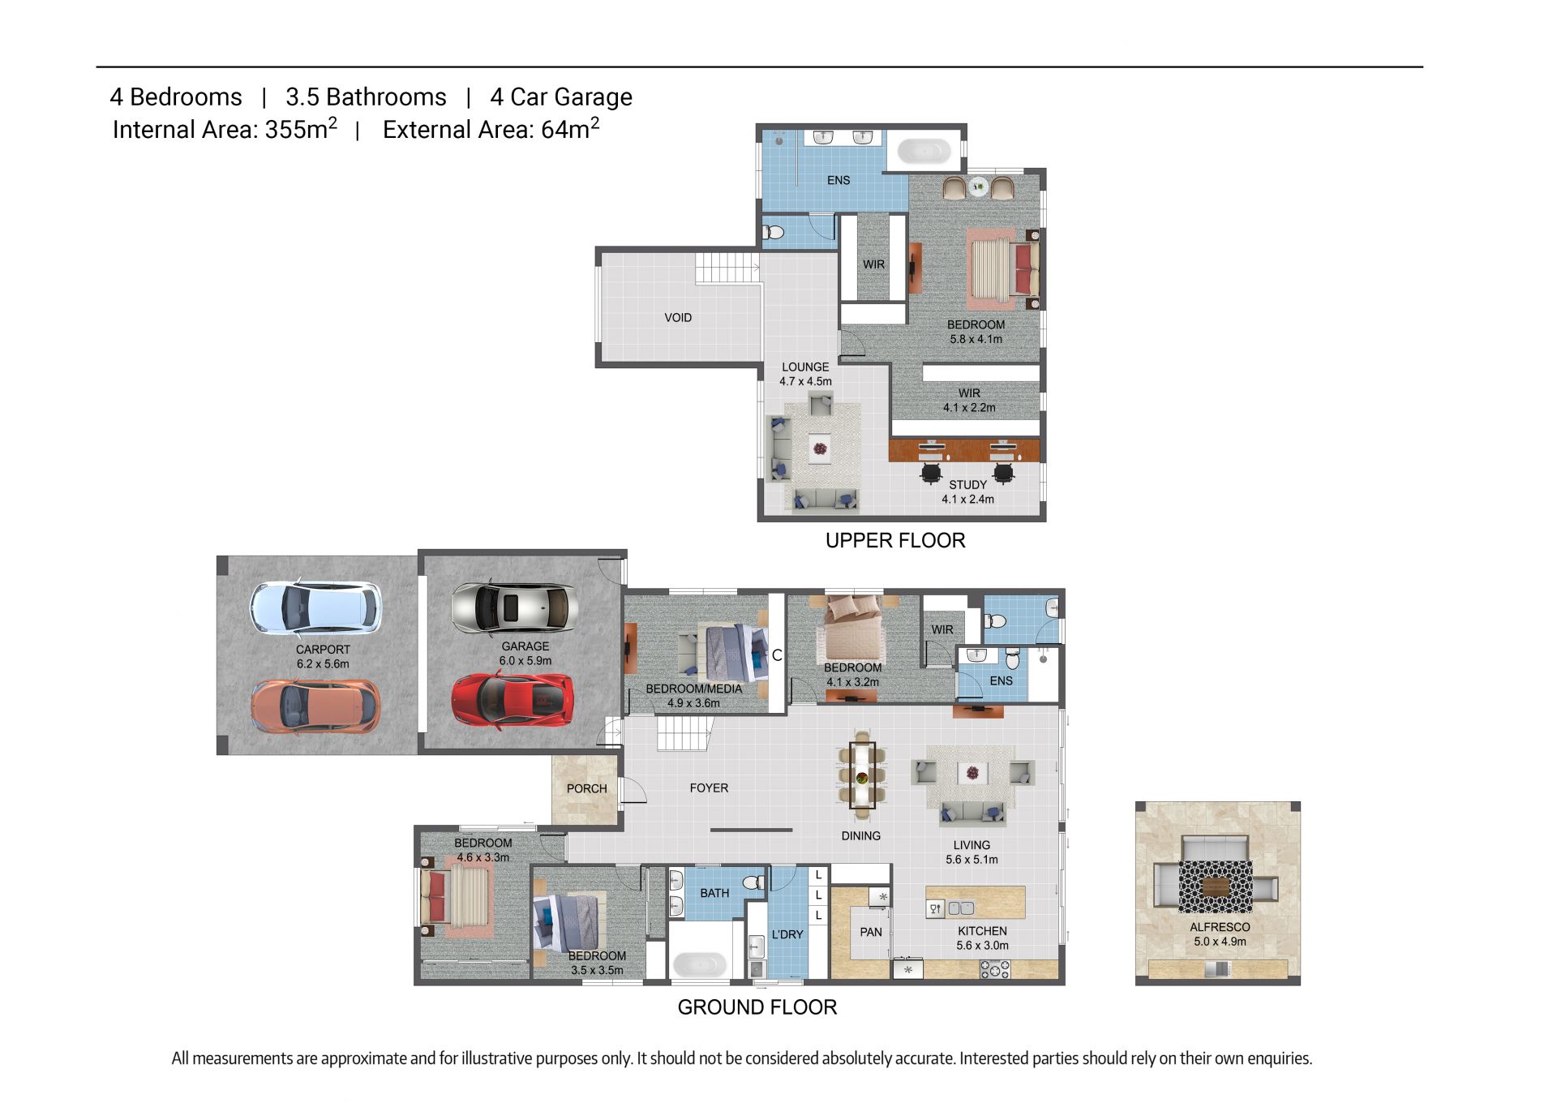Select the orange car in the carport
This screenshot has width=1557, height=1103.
[x=315, y=706]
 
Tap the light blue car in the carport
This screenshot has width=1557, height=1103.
[x=315, y=607]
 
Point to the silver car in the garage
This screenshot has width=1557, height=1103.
[x=514, y=607]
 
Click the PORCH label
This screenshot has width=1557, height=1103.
[x=586, y=788]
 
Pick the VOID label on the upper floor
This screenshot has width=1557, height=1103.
[x=678, y=318]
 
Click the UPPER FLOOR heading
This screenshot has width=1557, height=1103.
[x=895, y=541]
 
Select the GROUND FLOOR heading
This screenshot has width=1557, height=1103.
[x=757, y=1007]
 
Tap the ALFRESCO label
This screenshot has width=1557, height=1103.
[x=1220, y=927]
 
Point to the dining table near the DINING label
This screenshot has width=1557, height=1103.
[x=862, y=775]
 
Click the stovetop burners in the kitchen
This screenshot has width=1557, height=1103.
[x=995, y=969]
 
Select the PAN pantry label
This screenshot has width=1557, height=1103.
[x=871, y=933]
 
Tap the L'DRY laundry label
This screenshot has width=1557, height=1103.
[x=787, y=934]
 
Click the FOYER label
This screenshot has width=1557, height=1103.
[x=709, y=788]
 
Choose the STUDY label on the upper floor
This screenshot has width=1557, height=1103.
[x=968, y=485]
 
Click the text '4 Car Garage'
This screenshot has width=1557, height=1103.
[x=561, y=97]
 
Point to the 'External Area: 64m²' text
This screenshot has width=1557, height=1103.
[x=491, y=128]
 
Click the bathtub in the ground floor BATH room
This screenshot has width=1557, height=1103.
[x=699, y=964]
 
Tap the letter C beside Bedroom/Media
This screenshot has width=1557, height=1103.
[x=777, y=655]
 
